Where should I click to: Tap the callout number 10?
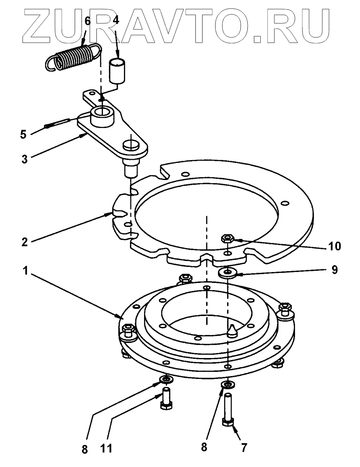coord(335,245)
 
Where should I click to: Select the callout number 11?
coord(108,448)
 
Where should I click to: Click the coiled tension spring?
coord(73,58)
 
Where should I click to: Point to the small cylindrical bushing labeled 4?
coord(118,70)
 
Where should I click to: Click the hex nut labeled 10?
coord(226,239)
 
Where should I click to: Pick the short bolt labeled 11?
coord(166,399)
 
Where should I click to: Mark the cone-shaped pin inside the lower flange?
coord(232,331)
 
